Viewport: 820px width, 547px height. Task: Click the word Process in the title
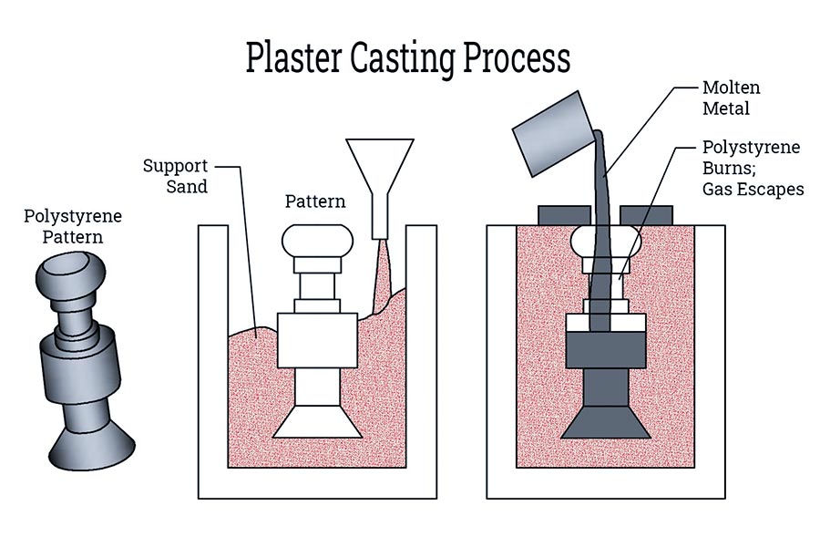[x=519, y=57]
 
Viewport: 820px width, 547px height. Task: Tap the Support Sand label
[x=176, y=177]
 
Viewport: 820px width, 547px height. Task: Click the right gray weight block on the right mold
[x=646, y=215]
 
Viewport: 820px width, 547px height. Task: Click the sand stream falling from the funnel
[x=381, y=264]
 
